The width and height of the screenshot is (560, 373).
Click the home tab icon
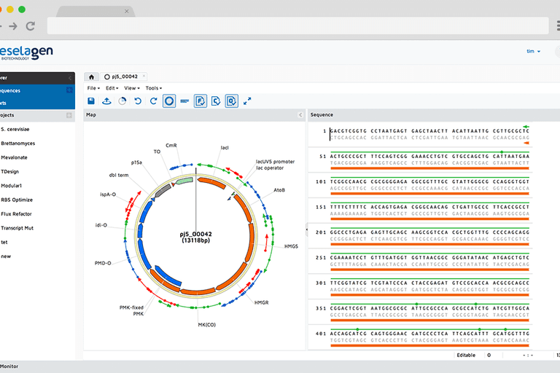click(91, 76)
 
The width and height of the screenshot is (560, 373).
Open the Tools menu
click(153, 88)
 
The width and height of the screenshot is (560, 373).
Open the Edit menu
click(112, 88)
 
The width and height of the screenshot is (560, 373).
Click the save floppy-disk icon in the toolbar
click(91, 101)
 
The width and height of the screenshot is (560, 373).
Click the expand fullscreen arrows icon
click(247, 101)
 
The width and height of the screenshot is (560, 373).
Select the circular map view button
click(168, 101)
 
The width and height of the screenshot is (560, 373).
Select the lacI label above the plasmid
click(225, 147)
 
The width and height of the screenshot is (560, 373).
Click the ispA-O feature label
click(108, 194)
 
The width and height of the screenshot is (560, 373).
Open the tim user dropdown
click(533, 51)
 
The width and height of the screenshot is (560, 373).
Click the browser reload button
click(30, 25)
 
